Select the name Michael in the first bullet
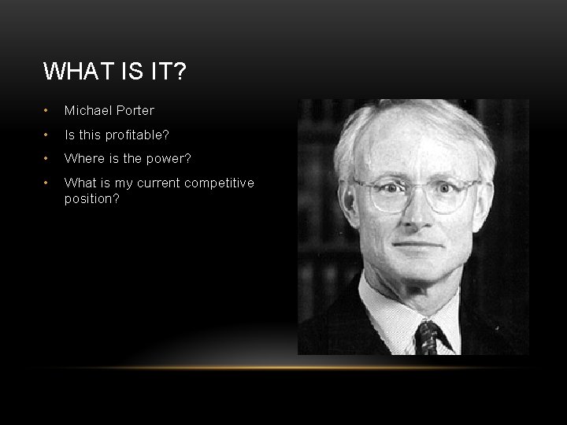click(x=87, y=111)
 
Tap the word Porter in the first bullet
click(x=134, y=111)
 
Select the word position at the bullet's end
click(x=89, y=199)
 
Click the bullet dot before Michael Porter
click(x=47, y=111)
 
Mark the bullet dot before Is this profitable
click(x=47, y=135)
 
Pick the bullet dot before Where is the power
click(x=47, y=159)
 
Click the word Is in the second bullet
click(x=69, y=135)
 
